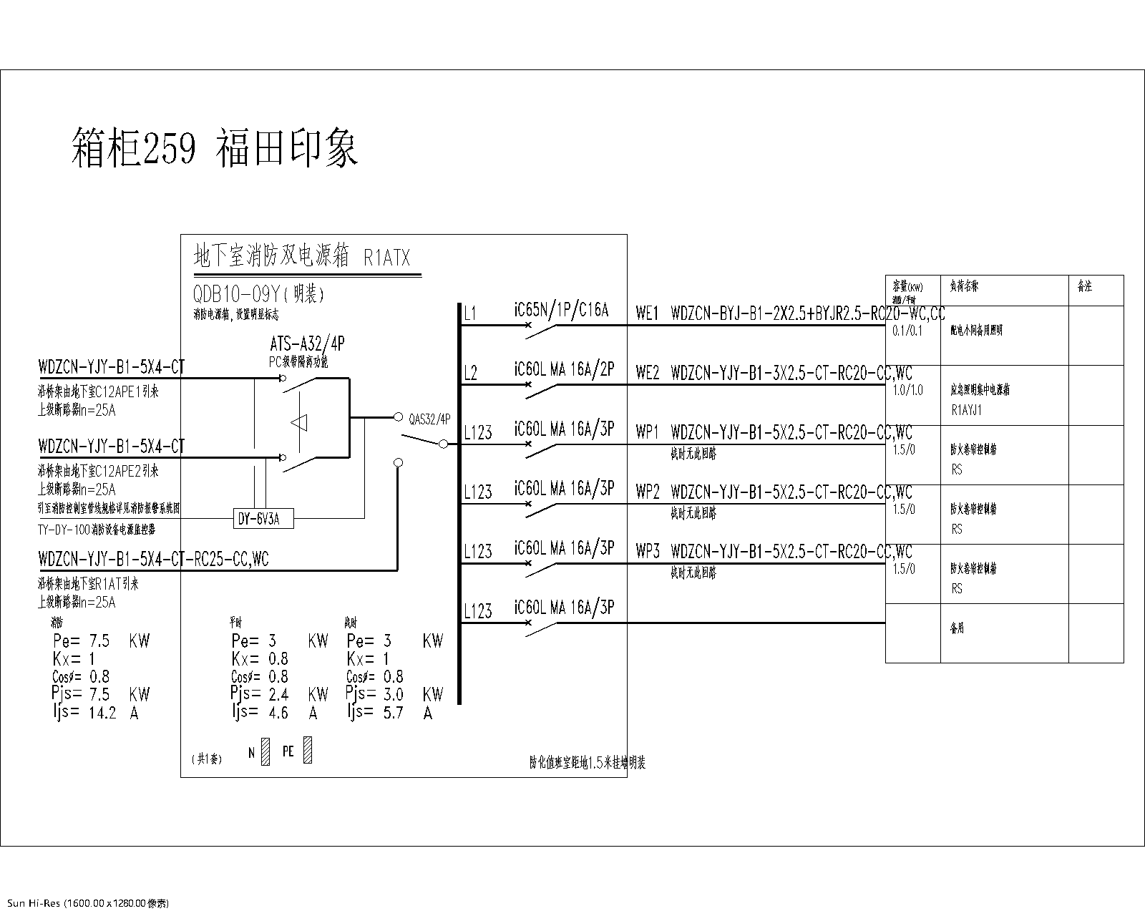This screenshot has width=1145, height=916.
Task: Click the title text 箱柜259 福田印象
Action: [215, 147]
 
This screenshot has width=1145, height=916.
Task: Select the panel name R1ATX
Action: [387, 258]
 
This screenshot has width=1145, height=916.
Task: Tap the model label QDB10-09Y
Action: [235, 293]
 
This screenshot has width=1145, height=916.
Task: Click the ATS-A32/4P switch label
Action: [307, 344]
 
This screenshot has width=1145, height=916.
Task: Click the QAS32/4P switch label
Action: [429, 420]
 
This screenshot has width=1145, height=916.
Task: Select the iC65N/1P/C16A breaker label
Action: [561, 311]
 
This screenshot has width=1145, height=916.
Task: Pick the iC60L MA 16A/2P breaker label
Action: [564, 370]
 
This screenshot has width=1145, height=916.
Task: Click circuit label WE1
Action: [647, 313]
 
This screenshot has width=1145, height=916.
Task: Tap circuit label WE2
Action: [647, 373]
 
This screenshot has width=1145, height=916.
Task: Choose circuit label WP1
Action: [647, 433]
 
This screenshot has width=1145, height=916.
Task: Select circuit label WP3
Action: [647, 552]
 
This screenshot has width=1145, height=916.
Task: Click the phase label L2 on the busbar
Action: [470, 373]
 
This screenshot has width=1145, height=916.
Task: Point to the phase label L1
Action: [469, 313]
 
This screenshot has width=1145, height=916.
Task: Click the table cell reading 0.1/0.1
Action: [907, 331]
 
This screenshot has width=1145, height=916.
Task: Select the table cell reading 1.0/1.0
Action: [907, 390]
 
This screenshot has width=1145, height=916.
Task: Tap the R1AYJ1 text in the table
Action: [966, 411]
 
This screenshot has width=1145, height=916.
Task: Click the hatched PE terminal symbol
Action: [308, 750]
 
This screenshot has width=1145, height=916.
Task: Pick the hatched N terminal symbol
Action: [265, 752]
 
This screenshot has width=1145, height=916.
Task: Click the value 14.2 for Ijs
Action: [102, 713]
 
